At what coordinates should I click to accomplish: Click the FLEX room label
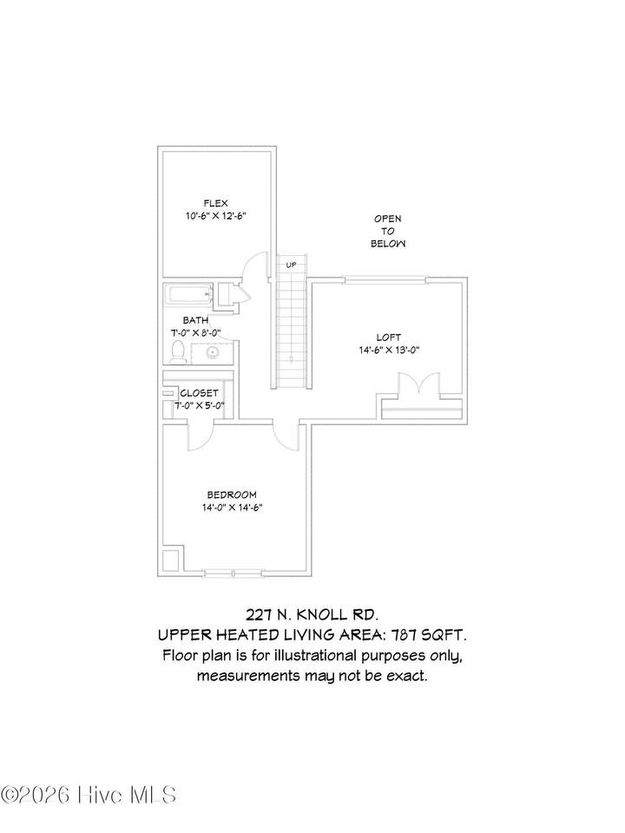point(216,203)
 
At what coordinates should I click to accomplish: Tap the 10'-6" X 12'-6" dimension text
point(215,216)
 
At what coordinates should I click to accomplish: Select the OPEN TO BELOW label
point(388,231)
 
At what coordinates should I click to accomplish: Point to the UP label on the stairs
point(292,265)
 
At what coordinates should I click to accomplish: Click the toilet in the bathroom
point(178,352)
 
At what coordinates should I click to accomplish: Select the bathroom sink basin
point(214,352)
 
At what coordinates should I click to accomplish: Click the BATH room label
point(195,320)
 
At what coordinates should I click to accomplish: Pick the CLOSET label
point(200,393)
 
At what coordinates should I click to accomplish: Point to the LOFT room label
point(389,338)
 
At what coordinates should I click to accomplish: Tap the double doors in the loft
point(418,384)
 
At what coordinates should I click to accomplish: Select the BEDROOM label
point(232,495)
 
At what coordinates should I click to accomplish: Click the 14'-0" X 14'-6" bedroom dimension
point(233,508)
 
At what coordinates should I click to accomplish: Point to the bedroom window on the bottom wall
point(234,574)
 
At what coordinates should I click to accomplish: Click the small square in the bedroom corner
point(171,559)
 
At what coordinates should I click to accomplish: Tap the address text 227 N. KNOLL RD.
point(312,615)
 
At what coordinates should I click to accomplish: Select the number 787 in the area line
point(403,635)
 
